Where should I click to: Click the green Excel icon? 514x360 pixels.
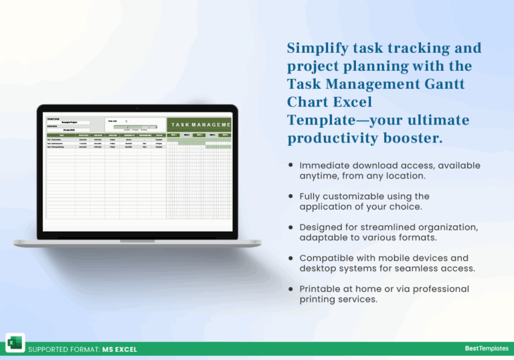point(15,342)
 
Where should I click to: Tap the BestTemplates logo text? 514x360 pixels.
point(485,349)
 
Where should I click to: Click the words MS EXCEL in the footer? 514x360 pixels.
point(120,349)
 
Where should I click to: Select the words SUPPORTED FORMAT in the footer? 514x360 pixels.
point(64,349)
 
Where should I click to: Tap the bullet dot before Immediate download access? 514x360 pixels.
point(290,165)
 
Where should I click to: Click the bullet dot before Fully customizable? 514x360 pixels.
point(290,196)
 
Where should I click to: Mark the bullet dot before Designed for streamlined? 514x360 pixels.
point(290,227)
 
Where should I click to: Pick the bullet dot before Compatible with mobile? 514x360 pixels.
point(290,258)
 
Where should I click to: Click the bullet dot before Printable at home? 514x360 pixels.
point(290,288)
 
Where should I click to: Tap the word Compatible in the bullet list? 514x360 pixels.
point(327,258)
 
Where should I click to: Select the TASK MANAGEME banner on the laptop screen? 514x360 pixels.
point(200,124)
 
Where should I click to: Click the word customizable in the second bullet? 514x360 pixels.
point(356,196)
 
